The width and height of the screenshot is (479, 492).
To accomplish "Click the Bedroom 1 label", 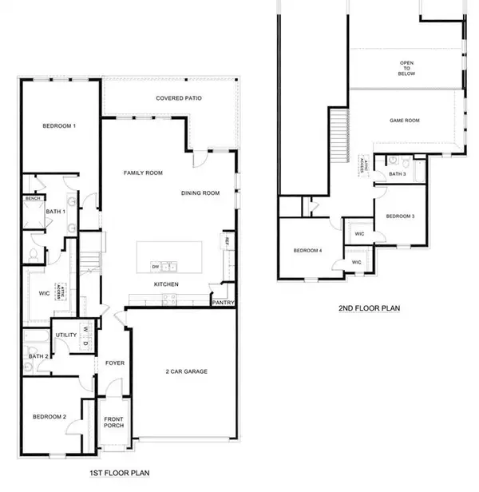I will pos(58,126).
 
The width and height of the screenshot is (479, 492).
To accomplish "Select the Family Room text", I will pos(143,173).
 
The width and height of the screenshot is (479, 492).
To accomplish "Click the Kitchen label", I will pos(166,284).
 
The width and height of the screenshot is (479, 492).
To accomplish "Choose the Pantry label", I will pos(223,303).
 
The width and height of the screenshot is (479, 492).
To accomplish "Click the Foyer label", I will pos(115,363).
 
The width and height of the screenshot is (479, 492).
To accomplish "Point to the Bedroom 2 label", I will pos(48,417).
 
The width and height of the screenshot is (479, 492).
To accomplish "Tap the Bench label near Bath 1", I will pos(33,198).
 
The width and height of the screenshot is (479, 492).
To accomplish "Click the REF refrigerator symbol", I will pos(228,241).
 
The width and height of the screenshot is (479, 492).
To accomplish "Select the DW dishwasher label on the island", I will pos(156,266).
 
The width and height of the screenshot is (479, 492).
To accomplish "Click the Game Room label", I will pos(404,121).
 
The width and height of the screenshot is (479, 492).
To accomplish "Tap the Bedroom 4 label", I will pos(307,251).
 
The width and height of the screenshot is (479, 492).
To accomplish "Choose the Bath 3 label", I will pos(398,173).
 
